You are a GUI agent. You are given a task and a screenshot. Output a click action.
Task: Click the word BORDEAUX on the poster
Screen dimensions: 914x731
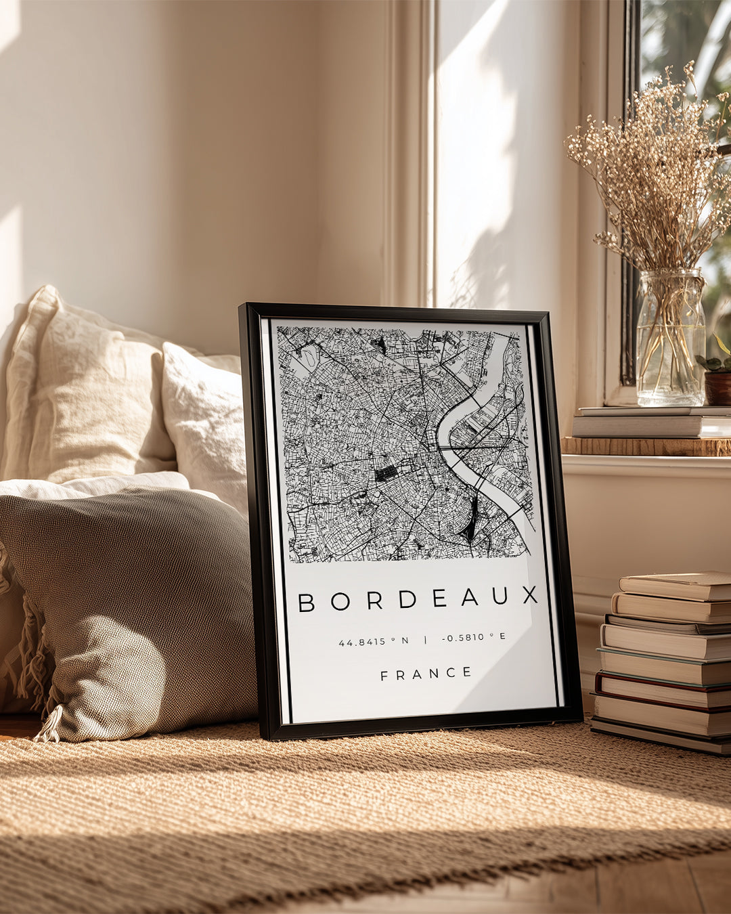[418, 599]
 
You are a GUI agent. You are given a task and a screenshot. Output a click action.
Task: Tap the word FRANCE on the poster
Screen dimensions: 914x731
[426, 673]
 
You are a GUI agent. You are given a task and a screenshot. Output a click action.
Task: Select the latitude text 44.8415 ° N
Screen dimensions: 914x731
[374, 640]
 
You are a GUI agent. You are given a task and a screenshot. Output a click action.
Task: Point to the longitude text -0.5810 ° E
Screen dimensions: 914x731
[474, 637]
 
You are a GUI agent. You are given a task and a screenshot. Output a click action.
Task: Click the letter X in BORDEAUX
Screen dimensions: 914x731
[530, 595]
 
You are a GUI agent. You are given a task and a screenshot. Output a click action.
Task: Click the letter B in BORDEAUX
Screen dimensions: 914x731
[307, 602]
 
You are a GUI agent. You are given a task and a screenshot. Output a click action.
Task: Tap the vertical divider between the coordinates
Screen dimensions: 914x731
[425, 639]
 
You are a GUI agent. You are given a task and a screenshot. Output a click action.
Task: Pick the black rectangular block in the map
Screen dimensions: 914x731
[386, 473]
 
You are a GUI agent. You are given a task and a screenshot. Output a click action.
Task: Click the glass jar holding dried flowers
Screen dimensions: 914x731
[670, 339]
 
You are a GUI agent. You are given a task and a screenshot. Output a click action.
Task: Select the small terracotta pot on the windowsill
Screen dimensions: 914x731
[717, 386]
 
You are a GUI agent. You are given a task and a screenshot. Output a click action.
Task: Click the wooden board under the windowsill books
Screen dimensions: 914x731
[646, 446]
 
